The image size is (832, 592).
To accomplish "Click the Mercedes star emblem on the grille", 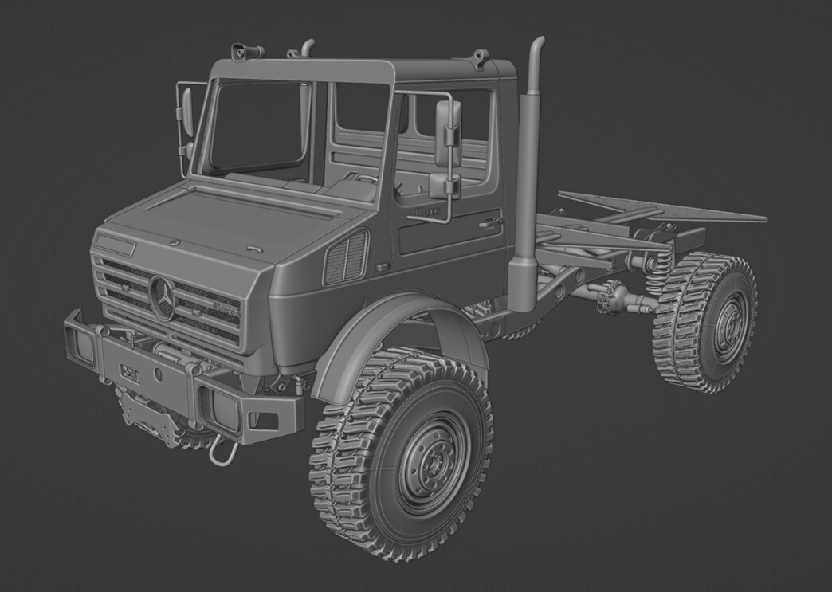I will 162,298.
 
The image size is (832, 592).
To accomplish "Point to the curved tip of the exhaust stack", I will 538,42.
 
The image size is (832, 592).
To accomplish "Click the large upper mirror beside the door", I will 447,133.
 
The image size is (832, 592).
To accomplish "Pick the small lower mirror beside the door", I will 444,186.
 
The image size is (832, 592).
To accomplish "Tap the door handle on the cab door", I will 489,223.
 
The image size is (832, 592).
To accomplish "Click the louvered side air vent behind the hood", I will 346,257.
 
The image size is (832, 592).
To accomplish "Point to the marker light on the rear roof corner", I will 478,57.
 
